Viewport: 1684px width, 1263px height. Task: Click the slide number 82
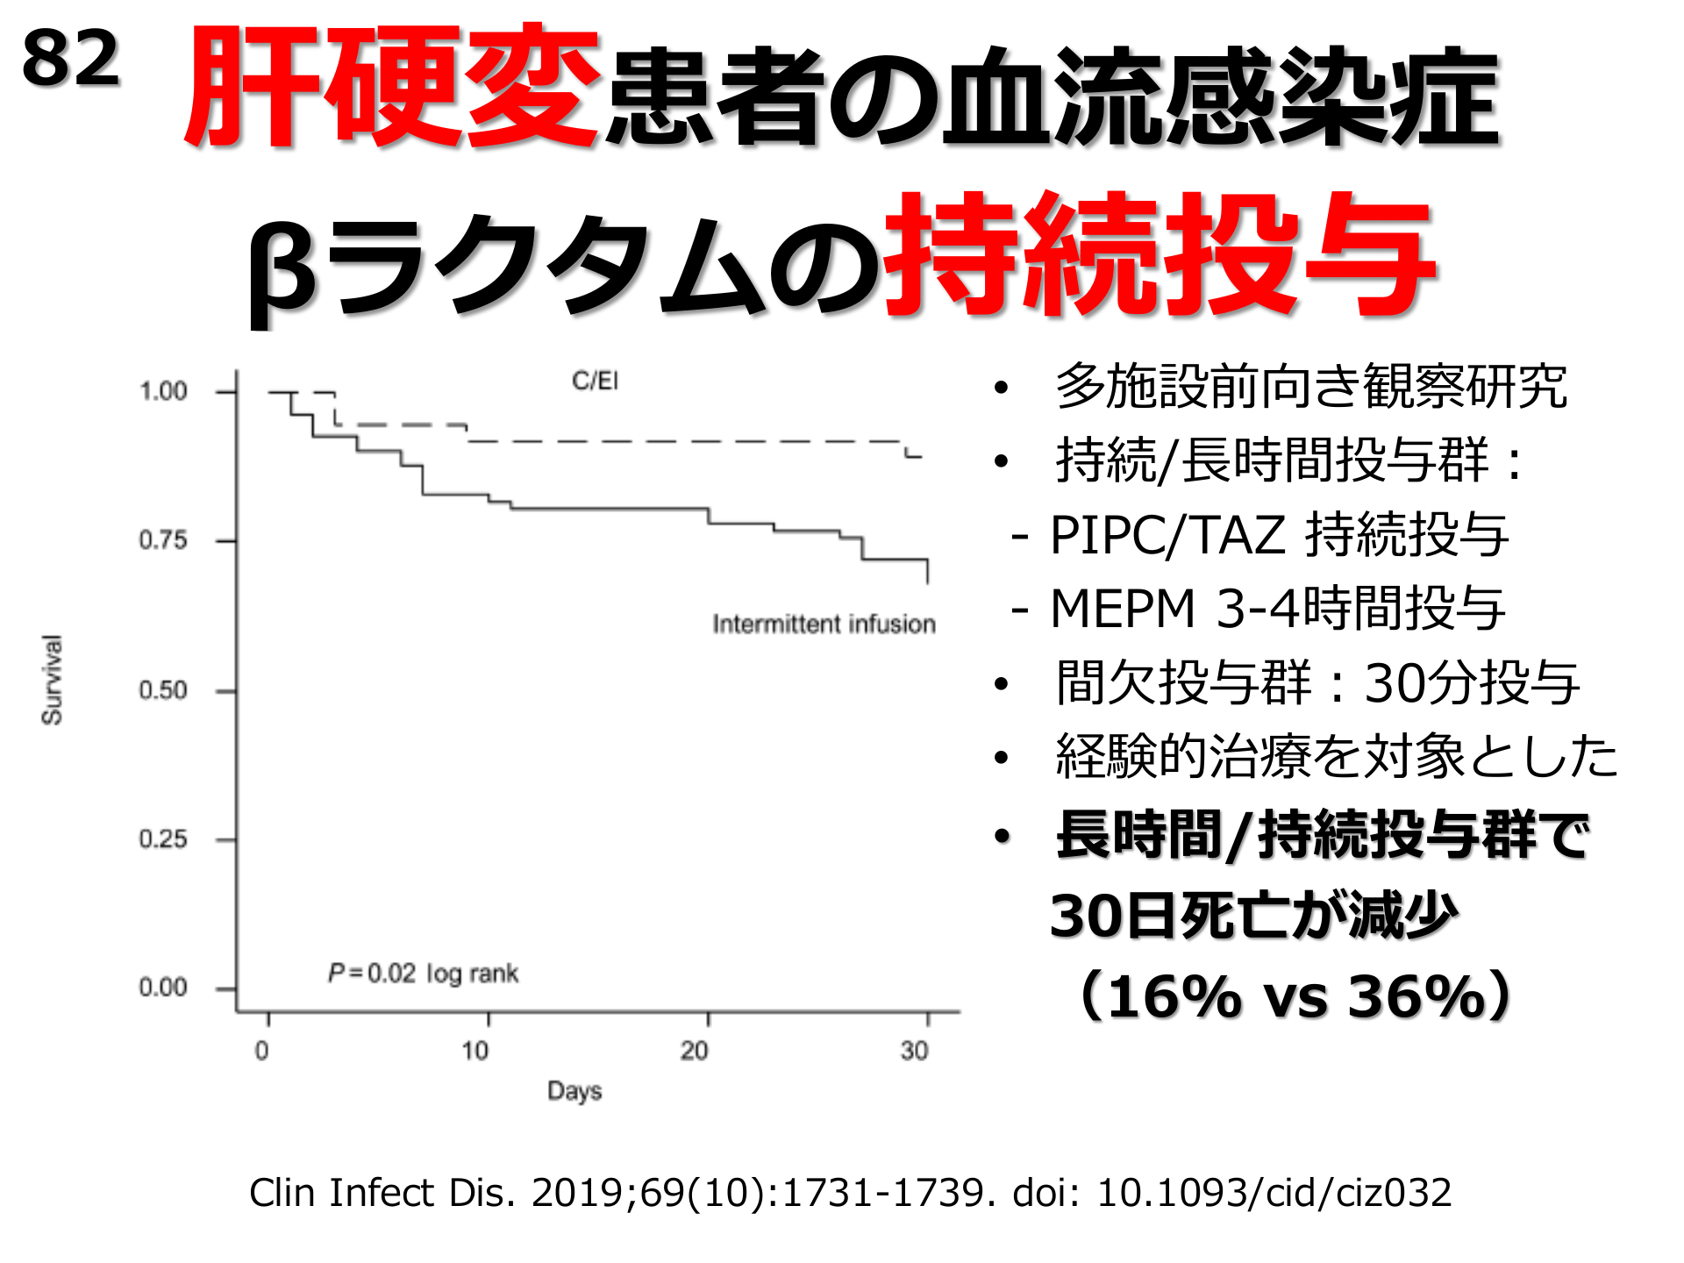click(70, 60)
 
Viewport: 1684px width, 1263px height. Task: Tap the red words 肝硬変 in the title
click(391, 88)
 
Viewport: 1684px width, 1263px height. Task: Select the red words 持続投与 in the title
click(1160, 254)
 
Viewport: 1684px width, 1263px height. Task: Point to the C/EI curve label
click(595, 381)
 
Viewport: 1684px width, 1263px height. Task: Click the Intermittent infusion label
click(824, 624)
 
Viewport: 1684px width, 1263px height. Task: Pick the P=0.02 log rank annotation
click(423, 973)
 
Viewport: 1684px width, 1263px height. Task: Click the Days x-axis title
click(574, 1091)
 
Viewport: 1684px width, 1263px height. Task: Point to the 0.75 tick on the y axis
click(163, 540)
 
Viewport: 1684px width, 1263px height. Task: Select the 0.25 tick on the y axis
click(163, 839)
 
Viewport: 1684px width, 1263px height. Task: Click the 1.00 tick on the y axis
click(163, 391)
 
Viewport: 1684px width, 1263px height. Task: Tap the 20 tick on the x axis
click(695, 1050)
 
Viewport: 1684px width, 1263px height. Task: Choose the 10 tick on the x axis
click(475, 1050)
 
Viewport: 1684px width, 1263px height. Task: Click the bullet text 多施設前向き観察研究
click(1310, 386)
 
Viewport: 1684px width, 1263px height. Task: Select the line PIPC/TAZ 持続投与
click(1277, 534)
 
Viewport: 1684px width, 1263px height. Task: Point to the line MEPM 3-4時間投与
click(1277, 608)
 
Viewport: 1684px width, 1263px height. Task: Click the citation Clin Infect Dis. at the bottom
click(382, 1193)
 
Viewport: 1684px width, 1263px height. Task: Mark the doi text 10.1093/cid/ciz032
click(1274, 1193)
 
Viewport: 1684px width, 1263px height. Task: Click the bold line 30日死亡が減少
click(1254, 916)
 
